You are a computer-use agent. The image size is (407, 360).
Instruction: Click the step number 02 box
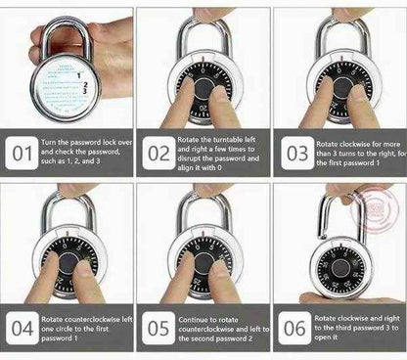click(x=158, y=154)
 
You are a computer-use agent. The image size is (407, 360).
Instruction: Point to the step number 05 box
click(x=158, y=326)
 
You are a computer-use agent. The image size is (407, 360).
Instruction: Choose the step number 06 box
click(x=294, y=326)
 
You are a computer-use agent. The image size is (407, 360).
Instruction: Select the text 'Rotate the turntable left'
click(x=220, y=141)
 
